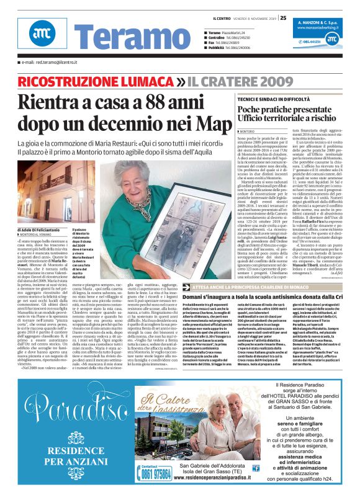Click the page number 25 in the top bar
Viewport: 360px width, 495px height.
[x=283, y=17]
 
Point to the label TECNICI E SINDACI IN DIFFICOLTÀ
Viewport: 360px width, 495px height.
[x=271, y=99]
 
